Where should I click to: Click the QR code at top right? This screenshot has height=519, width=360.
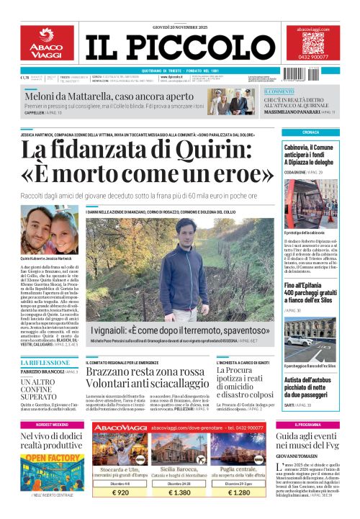pos(317,42)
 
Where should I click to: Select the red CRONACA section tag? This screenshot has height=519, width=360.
pos(311,132)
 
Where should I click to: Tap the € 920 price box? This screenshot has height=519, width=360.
pos(110,493)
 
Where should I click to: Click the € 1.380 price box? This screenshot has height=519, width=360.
pos(179,493)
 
